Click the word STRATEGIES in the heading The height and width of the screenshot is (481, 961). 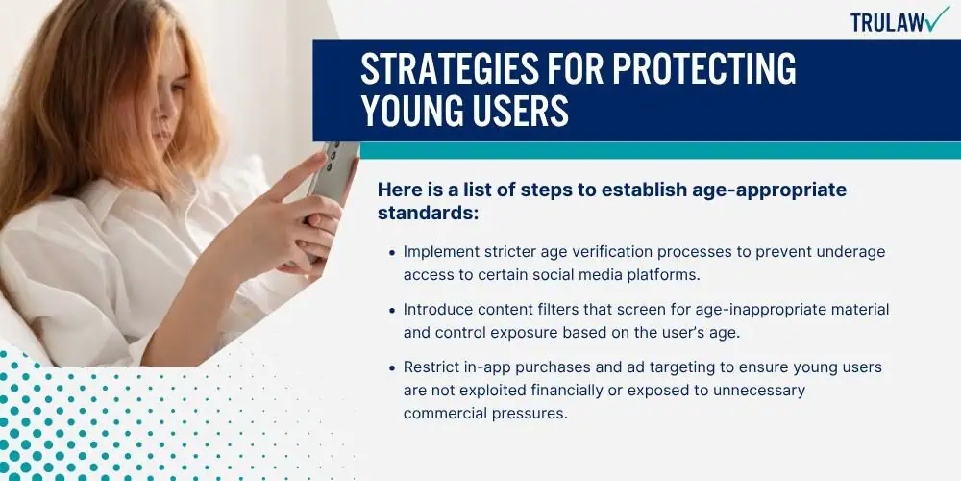[x=471, y=68]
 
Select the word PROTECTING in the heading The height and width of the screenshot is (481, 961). [x=704, y=68]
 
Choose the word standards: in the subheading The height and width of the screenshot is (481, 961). [x=428, y=213]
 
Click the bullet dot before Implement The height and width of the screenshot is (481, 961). [x=392, y=252]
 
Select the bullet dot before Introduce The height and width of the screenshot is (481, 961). [x=392, y=310]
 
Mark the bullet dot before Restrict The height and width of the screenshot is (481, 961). [x=392, y=367]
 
